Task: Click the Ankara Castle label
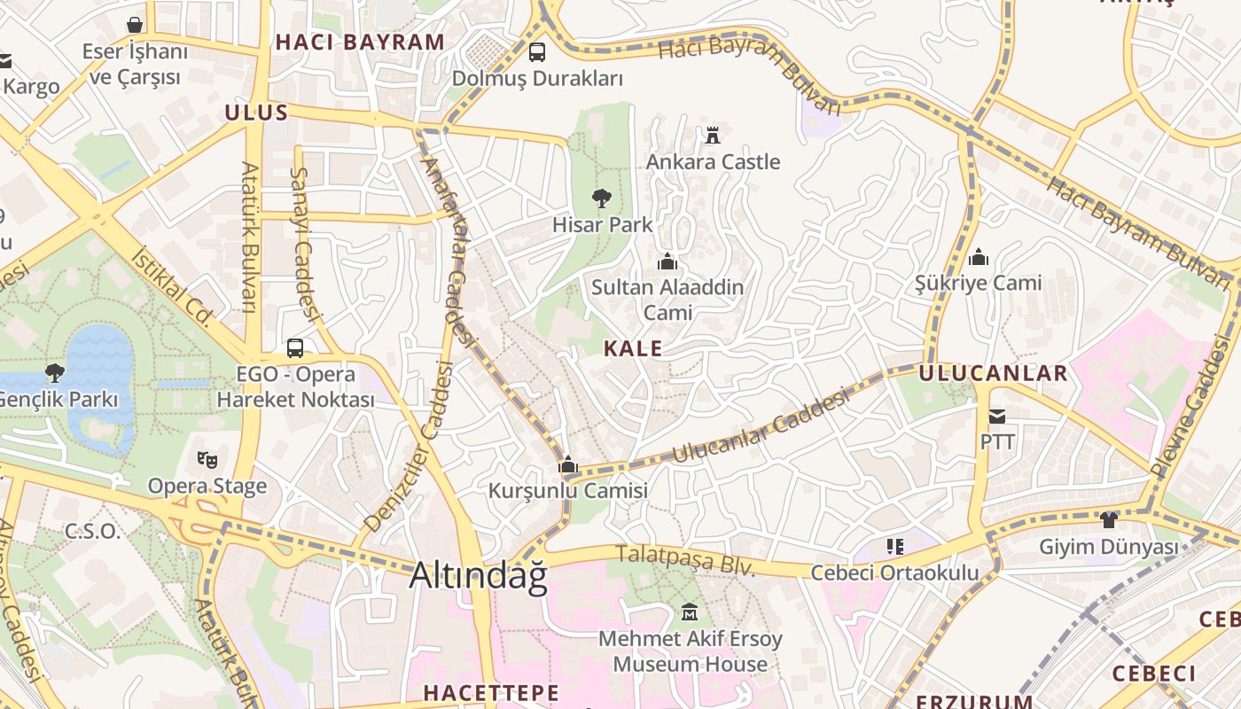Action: pyautogui.click(x=713, y=161)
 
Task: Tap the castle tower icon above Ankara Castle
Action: pyautogui.click(x=713, y=135)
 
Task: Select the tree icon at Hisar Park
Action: pyautogui.click(x=602, y=198)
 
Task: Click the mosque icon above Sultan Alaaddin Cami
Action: pyautogui.click(x=667, y=261)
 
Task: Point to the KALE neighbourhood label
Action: pyautogui.click(x=633, y=348)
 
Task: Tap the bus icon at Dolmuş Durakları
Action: pyautogui.click(x=537, y=52)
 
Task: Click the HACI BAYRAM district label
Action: pyautogui.click(x=360, y=42)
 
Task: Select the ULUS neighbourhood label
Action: pyautogui.click(x=256, y=113)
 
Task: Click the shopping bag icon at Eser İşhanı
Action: pyautogui.click(x=135, y=25)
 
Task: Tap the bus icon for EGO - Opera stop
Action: pyautogui.click(x=295, y=348)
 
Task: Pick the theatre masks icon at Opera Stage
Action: pyautogui.click(x=207, y=459)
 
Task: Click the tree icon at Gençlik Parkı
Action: pyautogui.click(x=55, y=373)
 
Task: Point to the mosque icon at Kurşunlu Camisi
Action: pyautogui.click(x=568, y=464)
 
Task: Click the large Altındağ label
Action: pyautogui.click(x=478, y=576)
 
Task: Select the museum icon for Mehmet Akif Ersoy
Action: pyautogui.click(x=690, y=612)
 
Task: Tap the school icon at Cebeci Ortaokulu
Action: pyautogui.click(x=894, y=546)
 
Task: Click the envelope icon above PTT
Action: pyautogui.click(x=997, y=416)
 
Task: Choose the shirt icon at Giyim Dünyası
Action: pyautogui.click(x=1108, y=519)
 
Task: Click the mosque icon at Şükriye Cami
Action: pyautogui.click(x=979, y=257)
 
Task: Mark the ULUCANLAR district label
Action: pyautogui.click(x=993, y=373)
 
